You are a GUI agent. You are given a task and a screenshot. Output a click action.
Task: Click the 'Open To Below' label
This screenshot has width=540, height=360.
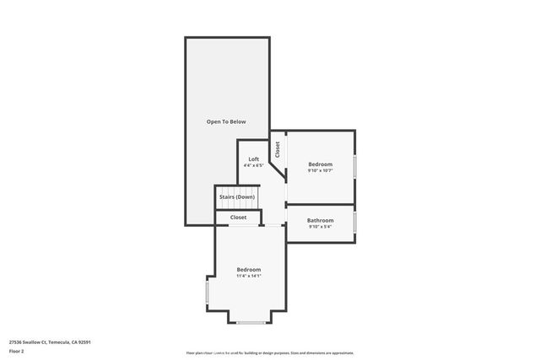coord(227,122)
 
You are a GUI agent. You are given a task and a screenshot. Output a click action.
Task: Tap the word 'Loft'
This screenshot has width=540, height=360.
coord(253,159)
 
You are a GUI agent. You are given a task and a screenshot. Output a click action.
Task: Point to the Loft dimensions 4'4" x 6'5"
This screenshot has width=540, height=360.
coord(253,166)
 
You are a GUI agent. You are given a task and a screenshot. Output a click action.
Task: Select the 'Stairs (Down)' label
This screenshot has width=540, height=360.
coord(237,196)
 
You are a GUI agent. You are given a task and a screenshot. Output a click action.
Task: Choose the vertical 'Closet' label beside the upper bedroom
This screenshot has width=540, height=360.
coord(278,149)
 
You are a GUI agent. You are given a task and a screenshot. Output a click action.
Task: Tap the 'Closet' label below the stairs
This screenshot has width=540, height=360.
coord(238,218)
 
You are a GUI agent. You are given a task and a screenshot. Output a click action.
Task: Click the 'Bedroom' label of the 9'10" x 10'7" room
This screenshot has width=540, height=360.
coord(320,164)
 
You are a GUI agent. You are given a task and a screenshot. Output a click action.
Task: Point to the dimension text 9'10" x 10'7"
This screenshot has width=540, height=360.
coord(320,170)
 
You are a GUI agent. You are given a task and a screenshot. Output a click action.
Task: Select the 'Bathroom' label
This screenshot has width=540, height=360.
coord(320,220)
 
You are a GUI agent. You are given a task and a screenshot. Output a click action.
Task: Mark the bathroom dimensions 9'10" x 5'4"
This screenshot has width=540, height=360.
coord(320,227)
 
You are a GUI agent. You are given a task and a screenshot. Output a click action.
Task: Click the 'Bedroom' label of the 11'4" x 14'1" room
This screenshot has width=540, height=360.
coord(249,270)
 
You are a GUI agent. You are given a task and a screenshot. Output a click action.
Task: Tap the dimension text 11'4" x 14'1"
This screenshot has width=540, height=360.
coord(249,277)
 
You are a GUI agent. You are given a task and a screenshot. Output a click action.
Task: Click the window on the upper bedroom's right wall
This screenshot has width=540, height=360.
coord(355,166)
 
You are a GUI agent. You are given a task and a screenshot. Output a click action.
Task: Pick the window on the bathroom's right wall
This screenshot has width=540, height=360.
coord(355,223)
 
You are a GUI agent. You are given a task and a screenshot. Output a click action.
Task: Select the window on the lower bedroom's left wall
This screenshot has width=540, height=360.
coord(207,292)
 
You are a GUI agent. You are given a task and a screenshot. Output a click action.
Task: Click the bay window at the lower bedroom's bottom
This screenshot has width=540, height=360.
coord(250,323)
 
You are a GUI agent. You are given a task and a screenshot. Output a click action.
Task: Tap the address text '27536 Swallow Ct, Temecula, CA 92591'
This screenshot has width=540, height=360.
coord(50,342)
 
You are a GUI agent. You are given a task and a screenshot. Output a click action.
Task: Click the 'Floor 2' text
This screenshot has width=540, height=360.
coord(17,352)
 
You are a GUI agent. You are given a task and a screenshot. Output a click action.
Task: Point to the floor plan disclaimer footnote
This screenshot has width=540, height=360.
coord(270,352)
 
